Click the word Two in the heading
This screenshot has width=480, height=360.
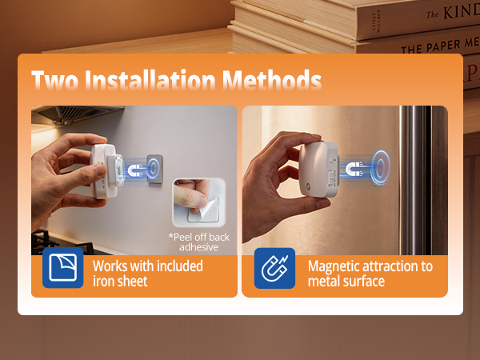pyautogui.click(x=54, y=80)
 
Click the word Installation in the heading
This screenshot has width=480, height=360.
pyautogui.click(x=150, y=79)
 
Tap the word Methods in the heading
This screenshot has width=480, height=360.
pyautogui.click(x=272, y=79)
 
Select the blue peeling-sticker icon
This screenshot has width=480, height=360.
pyautogui.click(x=62, y=268)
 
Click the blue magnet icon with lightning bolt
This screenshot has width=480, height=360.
pyautogui.click(x=274, y=268)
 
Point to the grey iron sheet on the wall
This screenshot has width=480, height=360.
pyautogui.click(x=154, y=169)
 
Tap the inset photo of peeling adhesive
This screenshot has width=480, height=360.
pyautogui.click(x=199, y=202)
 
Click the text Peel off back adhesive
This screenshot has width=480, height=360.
pyautogui.click(x=198, y=242)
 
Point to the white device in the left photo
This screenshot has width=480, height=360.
pyautogui.click(x=106, y=170)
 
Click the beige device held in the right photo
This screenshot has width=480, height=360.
pyautogui.click(x=318, y=169)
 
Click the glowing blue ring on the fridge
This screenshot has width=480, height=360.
pyautogui.click(x=380, y=168)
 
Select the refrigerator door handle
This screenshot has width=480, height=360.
pyautogui.click(x=412, y=181)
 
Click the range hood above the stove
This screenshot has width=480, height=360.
pyautogui.click(x=78, y=114)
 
